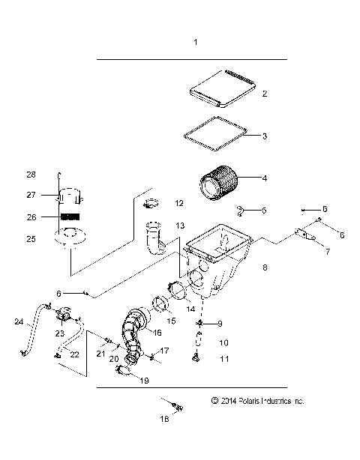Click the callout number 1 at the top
(x=196, y=43)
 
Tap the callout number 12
(x=178, y=202)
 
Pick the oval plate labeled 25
(x=68, y=240)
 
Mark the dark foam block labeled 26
(x=69, y=217)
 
